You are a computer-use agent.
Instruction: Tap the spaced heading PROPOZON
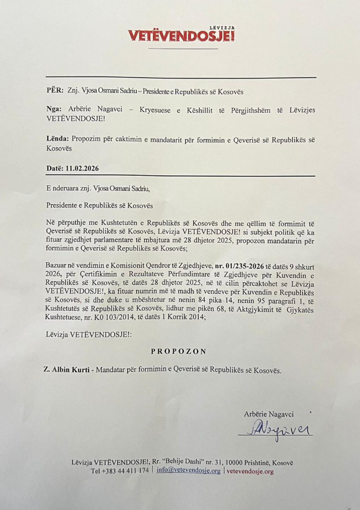tap(179, 352)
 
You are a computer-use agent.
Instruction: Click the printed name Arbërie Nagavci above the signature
tap(268, 414)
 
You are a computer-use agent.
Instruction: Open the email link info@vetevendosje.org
tap(188, 471)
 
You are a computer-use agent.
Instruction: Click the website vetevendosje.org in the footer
tap(250, 471)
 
